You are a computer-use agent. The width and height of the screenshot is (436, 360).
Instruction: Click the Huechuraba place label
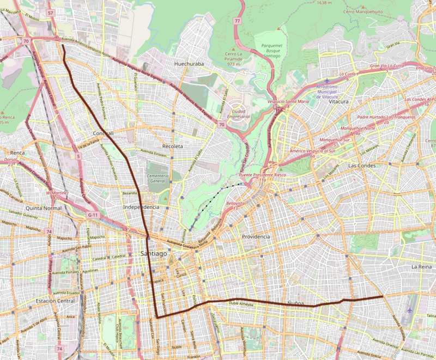tap(189, 64)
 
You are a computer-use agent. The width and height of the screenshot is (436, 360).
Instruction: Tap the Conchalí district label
tap(103, 133)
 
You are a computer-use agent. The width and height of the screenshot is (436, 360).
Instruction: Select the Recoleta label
tap(173, 147)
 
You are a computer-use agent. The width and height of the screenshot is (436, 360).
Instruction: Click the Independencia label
tap(141, 207)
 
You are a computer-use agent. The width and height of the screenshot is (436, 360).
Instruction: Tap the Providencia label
tap(256, 237)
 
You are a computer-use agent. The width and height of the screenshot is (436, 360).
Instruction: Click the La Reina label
tap(421, 266)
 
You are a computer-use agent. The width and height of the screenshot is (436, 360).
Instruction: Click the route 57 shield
tap(51, 12)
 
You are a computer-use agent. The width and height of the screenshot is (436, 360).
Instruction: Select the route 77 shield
tap(237, 21)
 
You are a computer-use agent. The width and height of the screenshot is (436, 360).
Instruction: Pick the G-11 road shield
tap(94, 215)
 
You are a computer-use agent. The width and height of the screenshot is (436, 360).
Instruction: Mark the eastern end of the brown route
tap(383, 297)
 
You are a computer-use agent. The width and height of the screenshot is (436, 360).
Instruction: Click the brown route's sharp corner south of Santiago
tap(156, 316)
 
